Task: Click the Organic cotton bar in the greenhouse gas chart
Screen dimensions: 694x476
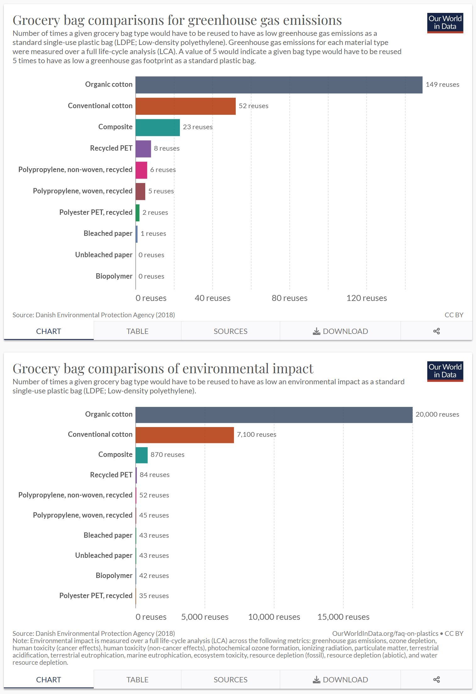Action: [x=279, y=85]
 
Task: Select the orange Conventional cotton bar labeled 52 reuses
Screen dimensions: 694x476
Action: [x=185, y=106]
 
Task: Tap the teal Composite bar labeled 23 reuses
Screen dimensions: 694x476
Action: [x=158, y=127]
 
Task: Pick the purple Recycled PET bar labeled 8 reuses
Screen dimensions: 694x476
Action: [x=143, y=149]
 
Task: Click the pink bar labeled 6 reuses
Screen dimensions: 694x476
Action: [x=141, y=170]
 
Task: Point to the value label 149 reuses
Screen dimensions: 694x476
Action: [x=442, y=85]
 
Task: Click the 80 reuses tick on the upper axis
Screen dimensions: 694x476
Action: [x=289, y=298]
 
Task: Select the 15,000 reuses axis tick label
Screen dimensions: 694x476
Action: [x=343, y=617]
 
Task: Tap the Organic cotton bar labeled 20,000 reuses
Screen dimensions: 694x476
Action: [x=274, y=415]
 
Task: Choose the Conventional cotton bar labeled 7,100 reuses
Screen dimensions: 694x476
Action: [x=185, y=435]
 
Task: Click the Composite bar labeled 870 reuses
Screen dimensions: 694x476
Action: [x=141, y=455]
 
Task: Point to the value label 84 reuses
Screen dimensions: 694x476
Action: [x=154, y=475]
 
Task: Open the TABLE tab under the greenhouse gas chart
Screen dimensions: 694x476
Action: [x=137, y=331]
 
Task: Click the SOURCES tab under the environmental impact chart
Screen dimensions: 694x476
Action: [x=230, y=680]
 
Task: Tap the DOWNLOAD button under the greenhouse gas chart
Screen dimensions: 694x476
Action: [x=340, y=331]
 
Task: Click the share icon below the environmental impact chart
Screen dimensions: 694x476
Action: [x=436, y=680]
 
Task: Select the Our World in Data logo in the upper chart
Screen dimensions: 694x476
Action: [x=445, y=23]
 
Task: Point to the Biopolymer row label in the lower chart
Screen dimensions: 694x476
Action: [x=114, y=575]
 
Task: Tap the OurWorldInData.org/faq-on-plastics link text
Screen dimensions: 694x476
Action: [x=385, y=633]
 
